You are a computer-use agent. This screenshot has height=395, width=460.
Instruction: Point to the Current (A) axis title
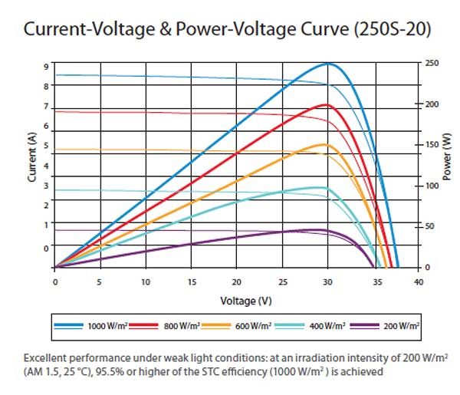coord(31,157)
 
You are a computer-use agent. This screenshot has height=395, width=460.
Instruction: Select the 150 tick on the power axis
coord(432,144)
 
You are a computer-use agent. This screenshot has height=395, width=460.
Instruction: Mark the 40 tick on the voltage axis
coord(418,281)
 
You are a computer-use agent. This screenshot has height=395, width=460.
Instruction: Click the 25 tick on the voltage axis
coord(282,281)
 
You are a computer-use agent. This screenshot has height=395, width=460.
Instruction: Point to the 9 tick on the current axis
coord(47,67)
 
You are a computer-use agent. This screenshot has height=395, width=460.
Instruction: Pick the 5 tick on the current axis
coord(47,146)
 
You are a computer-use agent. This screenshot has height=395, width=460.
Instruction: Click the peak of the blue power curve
coord(328,63)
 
